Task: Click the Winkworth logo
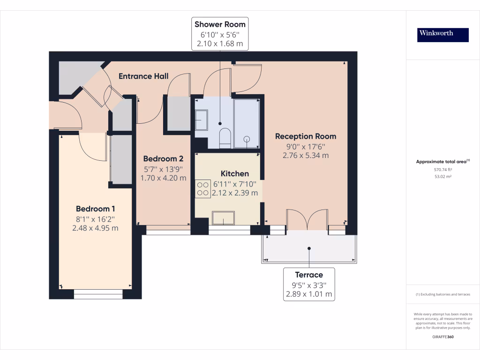coord(442,35)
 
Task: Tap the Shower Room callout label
coord(220,24)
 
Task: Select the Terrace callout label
coord(309,275)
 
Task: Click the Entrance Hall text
coord(143,76)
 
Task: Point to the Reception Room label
coord(306,136)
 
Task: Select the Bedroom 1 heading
coord(96,209)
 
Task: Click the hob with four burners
coord(203,188)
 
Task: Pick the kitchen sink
coord(224,218)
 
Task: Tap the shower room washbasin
coord(202,120)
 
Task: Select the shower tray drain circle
coord(247,139)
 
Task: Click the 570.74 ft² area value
coord(442,169)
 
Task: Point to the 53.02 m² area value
coord(442,177)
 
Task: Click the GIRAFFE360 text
coord(442,337)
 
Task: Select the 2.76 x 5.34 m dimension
coord(306,155)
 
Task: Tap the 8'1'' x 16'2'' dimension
coord(96,219)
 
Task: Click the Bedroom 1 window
coord(98,294)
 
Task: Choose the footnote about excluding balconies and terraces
coord(442,294)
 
